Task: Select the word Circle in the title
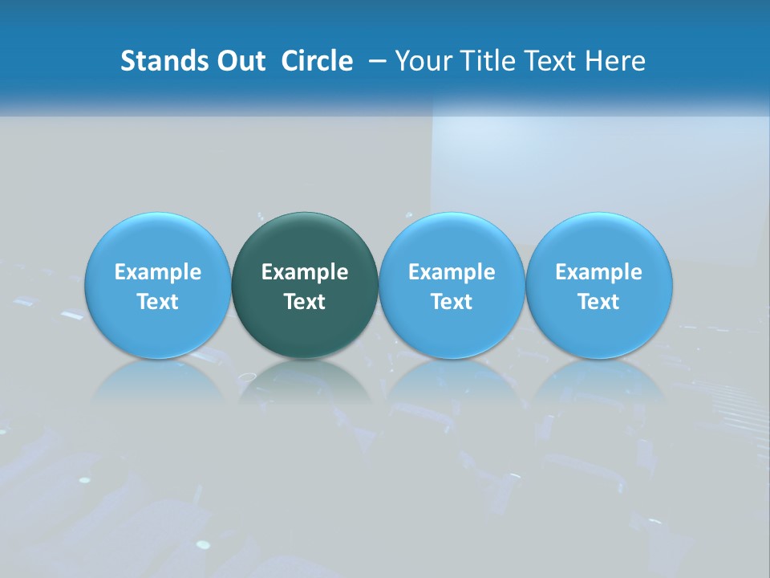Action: coord(317,61)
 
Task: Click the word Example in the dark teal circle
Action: coord(305,272)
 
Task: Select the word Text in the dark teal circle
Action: coord(305,302)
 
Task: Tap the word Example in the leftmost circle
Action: coord(158,272)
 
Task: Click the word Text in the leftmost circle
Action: coord(158,302)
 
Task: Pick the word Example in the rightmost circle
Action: coord(598,272)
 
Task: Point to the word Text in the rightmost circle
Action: coord(598,302)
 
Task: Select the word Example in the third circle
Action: coord(452,272)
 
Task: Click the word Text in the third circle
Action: coord(452,302)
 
